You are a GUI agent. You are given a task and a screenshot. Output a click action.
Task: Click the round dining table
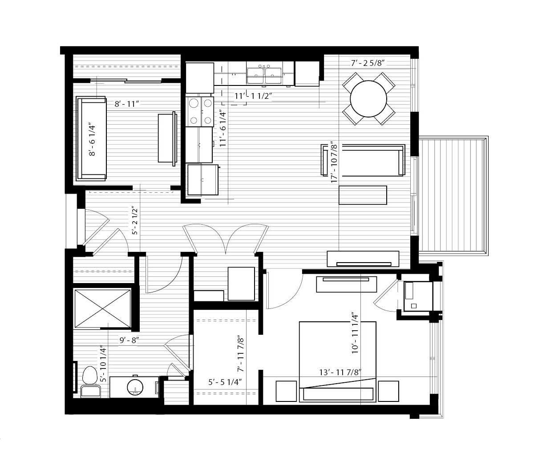(368, 99)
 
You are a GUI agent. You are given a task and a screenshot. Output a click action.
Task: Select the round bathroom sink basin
(135, 387)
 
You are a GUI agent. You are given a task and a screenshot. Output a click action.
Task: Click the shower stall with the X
(102, 308)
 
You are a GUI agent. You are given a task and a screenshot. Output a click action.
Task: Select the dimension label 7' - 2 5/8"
(368, 63)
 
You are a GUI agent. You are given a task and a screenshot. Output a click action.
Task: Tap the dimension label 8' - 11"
(126, 104)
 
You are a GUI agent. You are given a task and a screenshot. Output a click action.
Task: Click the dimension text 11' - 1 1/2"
(253, 96)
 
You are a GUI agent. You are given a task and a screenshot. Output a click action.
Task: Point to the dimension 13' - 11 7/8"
(340, 373)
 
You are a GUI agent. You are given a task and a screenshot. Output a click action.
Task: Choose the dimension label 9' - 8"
(129, 340)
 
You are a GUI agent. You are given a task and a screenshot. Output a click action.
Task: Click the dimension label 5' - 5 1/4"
(225, 382)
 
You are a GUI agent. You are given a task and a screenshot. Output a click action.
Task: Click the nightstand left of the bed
(286, 391)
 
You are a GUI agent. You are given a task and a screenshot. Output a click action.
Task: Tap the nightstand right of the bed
(388, 391)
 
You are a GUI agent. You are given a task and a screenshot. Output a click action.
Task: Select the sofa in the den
(91, 138)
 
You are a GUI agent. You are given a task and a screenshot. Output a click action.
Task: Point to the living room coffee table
(363, 195)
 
